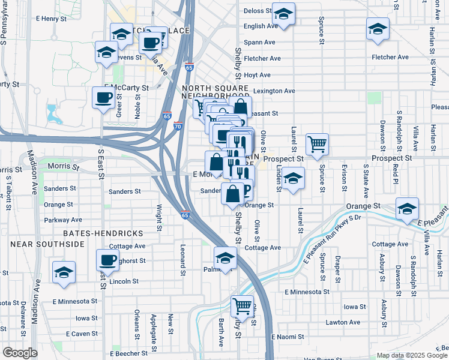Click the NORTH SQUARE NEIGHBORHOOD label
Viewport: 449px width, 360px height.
[x=215, y=92]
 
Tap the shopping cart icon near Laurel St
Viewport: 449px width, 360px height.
[x=317, y=144]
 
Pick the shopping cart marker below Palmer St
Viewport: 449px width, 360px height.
[x=242, y=306]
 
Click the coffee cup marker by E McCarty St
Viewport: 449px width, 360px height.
[x=103, y=98]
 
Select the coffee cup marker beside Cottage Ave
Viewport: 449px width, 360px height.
[x=108, y=260]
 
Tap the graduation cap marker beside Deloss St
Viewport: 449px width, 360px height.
[x=283, y=14]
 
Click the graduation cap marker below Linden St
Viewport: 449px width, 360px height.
[x=292, y=179]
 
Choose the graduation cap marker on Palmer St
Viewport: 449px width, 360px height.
[x=225, y=258]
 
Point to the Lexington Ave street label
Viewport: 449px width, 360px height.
[x=274, y=91]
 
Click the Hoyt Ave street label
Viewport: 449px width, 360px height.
[x=257, y=75]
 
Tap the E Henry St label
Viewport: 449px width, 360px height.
[x=50, y=19]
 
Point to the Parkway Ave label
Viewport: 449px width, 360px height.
[x=62, y=220]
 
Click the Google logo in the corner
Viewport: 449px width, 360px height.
[x=20, y=352]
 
